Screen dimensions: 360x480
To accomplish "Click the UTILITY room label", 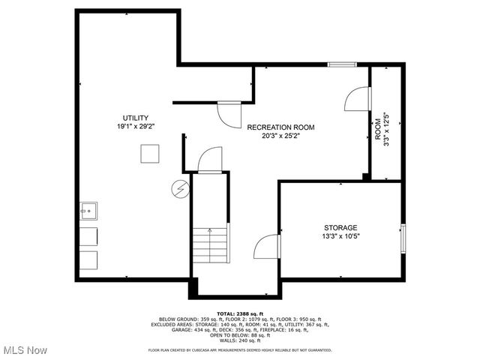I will pyautogui.click(x=136, y=118).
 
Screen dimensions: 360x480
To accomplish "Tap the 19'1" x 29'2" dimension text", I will pyautogui.click(x=136, y=127).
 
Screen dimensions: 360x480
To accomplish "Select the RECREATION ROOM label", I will pyautogui.click(x=281, y=127).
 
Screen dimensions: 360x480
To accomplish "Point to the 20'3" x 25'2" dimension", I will pyautogui.click(x=281, y=136).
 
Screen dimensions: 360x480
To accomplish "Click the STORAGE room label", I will pyautogui.click(x=340, y=227).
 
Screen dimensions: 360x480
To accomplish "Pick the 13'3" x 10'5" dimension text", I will pyautogui.click(x=340, y=236).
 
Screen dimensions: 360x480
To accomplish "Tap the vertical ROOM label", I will pyautogui.click(x=378, y=128).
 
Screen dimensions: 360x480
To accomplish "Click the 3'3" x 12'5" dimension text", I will pyautogui.click(x=387, y=128).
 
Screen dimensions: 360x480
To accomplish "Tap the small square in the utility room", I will pyautogui.click(x=150, y=152).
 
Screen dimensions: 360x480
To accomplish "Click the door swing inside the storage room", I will pyautogui.click(x=267, y=247).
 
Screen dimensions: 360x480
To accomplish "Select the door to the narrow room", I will pyautogui.click(x=357, y=100).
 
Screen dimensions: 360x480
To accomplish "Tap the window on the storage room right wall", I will pyautogui.click(x=403, y=238).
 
